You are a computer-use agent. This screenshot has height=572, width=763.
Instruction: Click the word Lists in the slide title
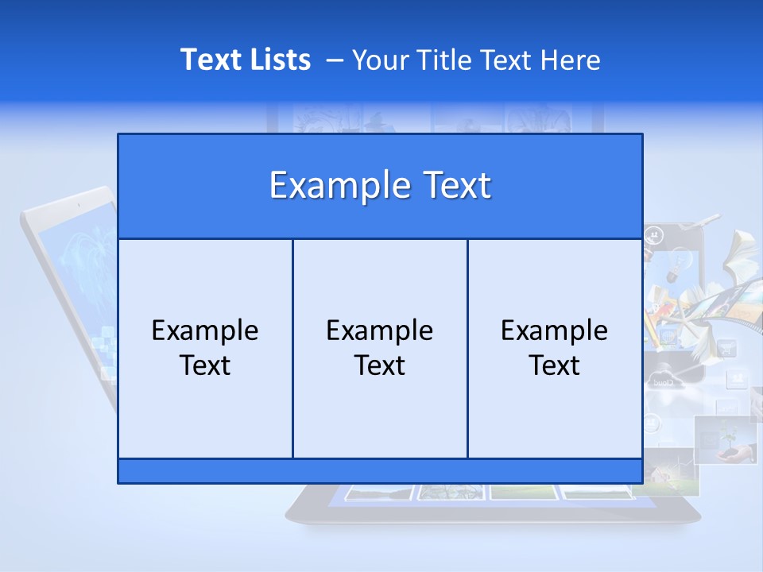pos(279,60)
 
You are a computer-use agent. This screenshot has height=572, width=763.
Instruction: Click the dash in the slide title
pos(335,60)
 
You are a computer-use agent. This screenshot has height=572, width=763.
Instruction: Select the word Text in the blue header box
pos(453,186)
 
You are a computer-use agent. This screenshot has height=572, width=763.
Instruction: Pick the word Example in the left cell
pos(205,330)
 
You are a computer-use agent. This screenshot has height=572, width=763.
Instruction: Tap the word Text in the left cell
pos(205,365)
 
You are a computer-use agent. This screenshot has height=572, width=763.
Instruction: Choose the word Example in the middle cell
pos(380,330)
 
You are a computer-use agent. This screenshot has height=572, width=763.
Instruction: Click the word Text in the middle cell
pos(380,365)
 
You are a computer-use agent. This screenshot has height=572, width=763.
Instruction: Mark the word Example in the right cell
pos(555,330)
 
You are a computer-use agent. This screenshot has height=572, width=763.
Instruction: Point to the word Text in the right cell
pos(555,365)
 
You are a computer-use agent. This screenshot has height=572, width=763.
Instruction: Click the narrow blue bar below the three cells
pos(380,471)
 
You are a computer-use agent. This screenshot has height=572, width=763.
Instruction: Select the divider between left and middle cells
pos(292,349)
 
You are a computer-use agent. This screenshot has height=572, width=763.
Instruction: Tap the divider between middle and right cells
pos(467,349)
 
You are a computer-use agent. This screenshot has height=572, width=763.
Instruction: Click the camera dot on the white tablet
pos(79,205)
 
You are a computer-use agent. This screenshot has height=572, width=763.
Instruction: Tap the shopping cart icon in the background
pos(727,349)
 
